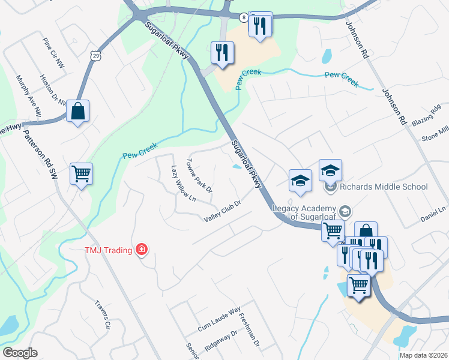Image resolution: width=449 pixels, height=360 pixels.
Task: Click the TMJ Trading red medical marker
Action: pyautogui.click(x=142, y=249)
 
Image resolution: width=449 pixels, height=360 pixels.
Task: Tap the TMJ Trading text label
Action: pyautogui.click(x=111, y=249)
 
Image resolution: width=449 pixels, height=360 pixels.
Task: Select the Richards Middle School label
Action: pyautogui.click(x=384, y=187)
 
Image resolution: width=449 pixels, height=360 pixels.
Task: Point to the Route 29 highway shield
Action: pyautogui.click(x=96, y=55)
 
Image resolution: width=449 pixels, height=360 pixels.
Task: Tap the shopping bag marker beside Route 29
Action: pyautogui.click(x=78, y=112)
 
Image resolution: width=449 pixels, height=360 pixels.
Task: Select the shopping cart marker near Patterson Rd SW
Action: pyautogui.click(x=81, y=175)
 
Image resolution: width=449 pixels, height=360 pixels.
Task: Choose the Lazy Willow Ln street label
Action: pyautogui.click(x=183, y=182)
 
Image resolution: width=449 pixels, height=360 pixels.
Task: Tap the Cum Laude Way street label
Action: pyautogui.click(x=219, y=319)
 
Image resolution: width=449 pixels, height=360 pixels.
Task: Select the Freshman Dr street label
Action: pyautogui.click(x=249, y=331)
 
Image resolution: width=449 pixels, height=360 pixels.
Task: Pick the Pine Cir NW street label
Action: pyautogui.click(x=53, y=53)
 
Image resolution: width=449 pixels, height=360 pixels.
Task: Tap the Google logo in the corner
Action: pyautogui.click(x=20, y=353)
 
